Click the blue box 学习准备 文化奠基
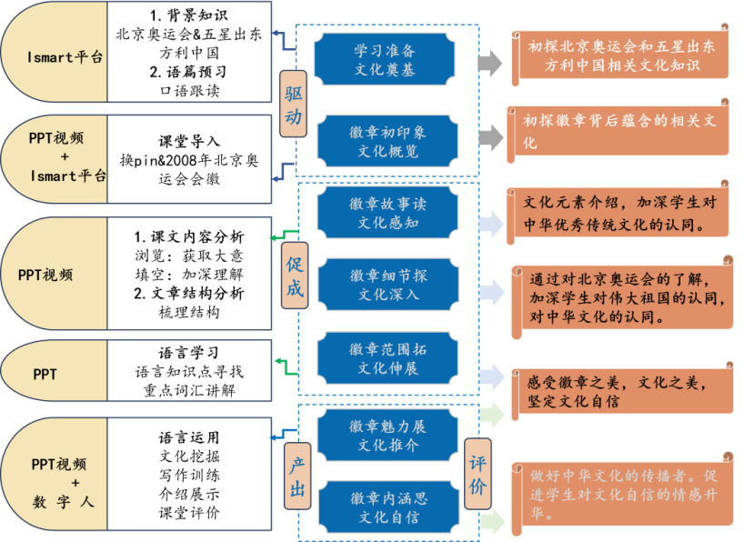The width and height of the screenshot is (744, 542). (385, 59)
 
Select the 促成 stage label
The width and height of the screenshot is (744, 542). (293, 276)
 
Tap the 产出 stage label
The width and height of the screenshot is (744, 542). (297, 477)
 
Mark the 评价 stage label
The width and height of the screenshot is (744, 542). (478, 474)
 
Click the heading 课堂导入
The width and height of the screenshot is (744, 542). (189, 142)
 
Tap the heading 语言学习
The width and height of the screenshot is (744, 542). (189, 353)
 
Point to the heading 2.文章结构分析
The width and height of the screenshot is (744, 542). (189, 294)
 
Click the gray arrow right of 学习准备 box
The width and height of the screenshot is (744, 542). (490, 62)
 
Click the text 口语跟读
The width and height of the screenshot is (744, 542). (189, 90)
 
